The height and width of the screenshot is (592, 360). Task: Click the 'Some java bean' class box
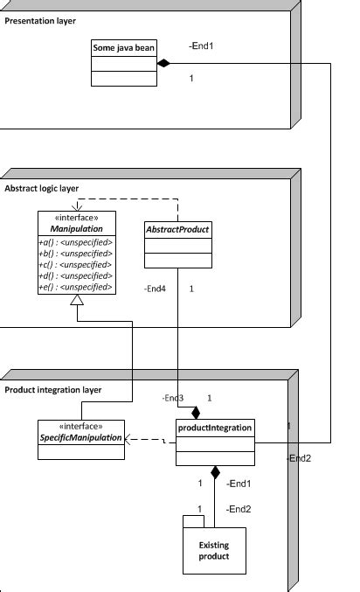point(123,63)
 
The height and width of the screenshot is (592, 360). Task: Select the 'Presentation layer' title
point(40,20)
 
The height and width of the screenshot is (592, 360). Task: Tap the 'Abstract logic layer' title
point(42,189)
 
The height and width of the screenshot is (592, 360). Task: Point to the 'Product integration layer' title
point(53,389)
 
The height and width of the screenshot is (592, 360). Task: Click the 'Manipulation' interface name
point(75,228)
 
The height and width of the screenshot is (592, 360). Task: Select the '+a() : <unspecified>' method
point(75,241)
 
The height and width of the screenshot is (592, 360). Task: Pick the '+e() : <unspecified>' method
point(75,287)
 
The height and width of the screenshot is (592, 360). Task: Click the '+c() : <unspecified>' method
point(75,264)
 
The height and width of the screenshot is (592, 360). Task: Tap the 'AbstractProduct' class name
point(177,230)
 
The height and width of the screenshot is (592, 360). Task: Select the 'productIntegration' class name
point(215,428)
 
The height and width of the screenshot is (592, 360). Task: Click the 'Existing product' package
point(214,551)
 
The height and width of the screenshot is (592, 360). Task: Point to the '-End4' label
point(154,288)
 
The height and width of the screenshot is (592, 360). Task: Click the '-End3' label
point(172,398)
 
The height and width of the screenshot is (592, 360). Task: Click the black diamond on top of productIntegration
point(197,412)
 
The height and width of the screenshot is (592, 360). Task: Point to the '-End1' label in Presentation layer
point(201,45)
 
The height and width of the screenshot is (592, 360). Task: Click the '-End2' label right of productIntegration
point(299,458)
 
